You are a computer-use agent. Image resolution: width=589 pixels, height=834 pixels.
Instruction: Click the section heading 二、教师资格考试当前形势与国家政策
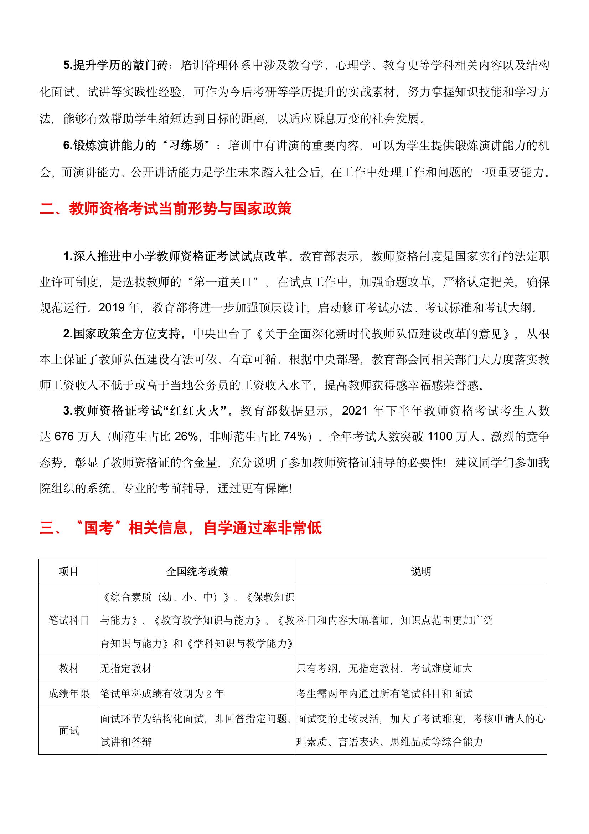pyautogui.click(x=165, y=210)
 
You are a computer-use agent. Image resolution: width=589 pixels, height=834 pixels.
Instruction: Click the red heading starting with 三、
pyautogui.click(x=180, y=528)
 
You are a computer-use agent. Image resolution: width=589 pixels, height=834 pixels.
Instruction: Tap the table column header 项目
pyautogui.click(x=68, y=572)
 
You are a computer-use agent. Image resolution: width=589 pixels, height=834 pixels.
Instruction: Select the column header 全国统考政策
pyautogui.click(x=197, y=572)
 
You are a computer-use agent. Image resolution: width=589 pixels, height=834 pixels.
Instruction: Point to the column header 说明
pyautogui.click(x=420, y=572)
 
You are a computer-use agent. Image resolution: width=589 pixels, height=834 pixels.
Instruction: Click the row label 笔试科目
pyautogui.click(x=68, y=620)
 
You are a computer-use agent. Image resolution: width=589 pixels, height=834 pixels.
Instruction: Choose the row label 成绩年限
pyautogui.click(x=68, y=694)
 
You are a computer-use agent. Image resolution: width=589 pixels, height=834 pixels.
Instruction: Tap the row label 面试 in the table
pyautogui.click(x=68, y=731)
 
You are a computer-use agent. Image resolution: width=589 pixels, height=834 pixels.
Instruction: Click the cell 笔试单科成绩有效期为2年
pyautogui.click(x=162, y=694)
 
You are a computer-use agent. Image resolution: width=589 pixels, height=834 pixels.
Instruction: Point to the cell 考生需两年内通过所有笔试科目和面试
pyautogui.click(x=384, y=694)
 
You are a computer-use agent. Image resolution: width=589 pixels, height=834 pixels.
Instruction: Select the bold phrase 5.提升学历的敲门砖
pyautogui.click(x=115, y=66)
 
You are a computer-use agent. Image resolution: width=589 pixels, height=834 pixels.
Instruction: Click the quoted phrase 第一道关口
pyautogui.click(x=223, y=282)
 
